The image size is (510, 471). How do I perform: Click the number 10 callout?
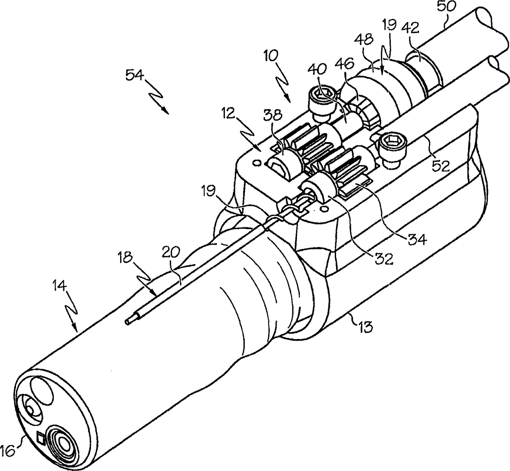[x=271, y=55]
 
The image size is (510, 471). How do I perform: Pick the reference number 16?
[x=10, y=450]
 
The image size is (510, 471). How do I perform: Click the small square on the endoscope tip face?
[x=40, y=438]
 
